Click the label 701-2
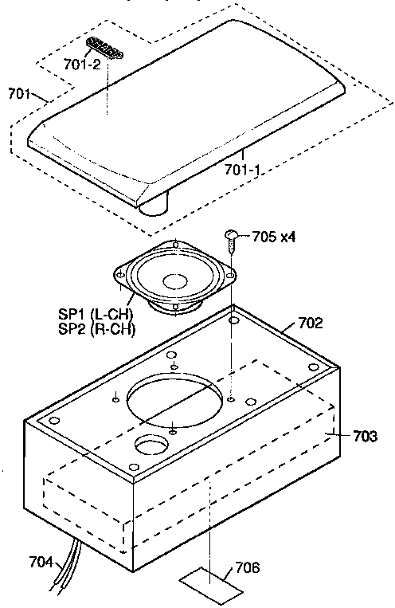click(83, 65)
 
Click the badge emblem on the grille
click(105, 47)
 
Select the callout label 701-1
click(245, 169)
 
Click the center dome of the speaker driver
click(174, 281)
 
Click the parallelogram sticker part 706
click(211, 583)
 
